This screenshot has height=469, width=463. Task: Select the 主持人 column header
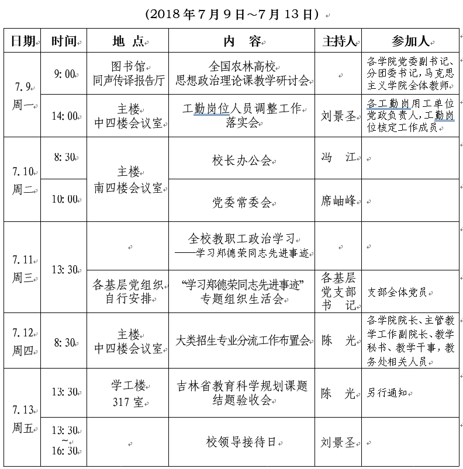point(339,41)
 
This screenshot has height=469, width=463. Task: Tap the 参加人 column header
point(410,41)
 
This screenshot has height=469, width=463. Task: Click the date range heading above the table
point(231,13)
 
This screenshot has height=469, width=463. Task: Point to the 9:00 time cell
point(64,74)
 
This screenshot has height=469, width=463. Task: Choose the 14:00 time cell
point(64,116)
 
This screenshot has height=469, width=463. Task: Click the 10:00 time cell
point(64,200)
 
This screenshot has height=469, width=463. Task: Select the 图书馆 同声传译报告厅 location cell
point(127,74)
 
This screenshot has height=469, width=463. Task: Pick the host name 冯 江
point(338,158)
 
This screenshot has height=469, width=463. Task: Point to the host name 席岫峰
point(338,201)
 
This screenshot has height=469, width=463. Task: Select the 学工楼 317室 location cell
point(127,394)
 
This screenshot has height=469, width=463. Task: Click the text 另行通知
point(387,394)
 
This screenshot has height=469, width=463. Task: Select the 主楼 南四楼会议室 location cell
point(127,179)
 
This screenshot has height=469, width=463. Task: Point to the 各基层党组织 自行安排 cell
point(127,292)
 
